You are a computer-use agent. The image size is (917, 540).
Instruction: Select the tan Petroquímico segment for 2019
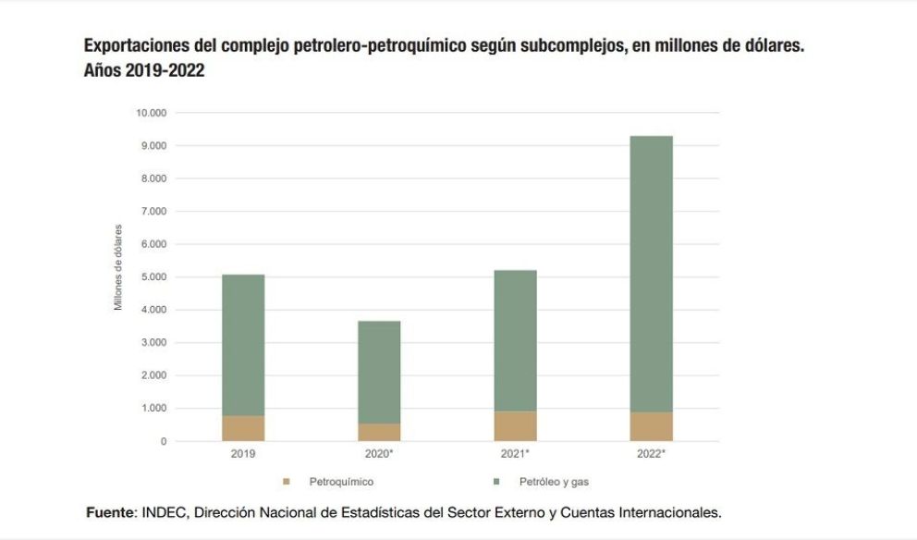click(243, 428)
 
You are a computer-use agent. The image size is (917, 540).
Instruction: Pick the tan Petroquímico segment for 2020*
click(379, 432)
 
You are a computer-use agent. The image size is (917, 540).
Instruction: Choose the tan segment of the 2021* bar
click(515, 426)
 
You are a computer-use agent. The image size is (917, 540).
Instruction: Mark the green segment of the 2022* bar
click(651, 274)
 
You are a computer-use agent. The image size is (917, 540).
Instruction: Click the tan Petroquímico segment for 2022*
click(651, 426)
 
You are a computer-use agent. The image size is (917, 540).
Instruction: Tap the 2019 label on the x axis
click(243, 454)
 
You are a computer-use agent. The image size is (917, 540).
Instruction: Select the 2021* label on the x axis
click(515, 454)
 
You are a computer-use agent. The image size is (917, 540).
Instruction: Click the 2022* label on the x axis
click(651, 454)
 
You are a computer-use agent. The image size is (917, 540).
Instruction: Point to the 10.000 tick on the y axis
click(151, 113)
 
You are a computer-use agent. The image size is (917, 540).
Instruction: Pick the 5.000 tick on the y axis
click(153, 277)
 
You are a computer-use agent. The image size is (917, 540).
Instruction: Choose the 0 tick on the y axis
click(164, 441)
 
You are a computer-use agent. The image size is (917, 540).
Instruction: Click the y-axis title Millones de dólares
click(118, 266)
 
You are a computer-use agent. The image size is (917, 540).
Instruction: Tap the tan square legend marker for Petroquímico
click(287, 482)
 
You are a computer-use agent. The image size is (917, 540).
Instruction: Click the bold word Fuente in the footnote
click(110, 511)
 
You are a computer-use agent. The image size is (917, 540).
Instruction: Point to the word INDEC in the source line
click(163, 511)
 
